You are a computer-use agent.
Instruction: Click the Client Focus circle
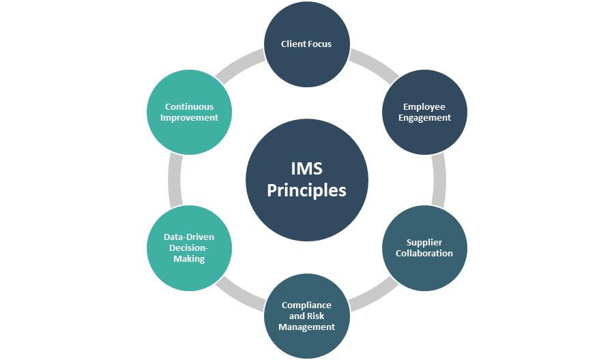307,44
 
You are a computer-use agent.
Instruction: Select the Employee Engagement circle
426,112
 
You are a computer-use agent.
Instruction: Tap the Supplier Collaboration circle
425,248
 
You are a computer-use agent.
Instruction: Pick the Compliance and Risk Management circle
307,316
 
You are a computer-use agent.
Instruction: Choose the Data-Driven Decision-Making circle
189,248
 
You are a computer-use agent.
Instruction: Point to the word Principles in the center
306,190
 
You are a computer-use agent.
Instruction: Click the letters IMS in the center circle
307,168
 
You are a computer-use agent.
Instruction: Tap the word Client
294,44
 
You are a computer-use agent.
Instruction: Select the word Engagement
426,117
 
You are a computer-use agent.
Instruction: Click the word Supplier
424,242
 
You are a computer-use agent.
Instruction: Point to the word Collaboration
426,254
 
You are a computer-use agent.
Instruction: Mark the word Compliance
307,305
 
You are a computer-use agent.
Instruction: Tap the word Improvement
190,117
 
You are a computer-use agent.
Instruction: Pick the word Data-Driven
189,237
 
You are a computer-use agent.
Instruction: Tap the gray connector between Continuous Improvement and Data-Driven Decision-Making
175,180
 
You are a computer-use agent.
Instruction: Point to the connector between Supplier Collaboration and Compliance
374,294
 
